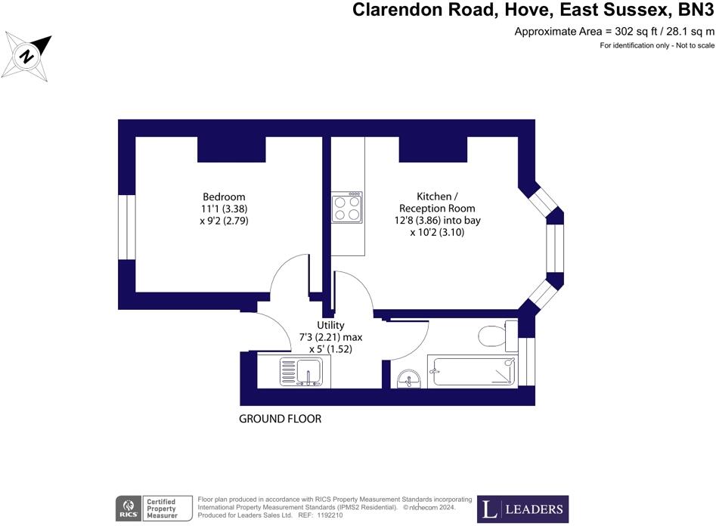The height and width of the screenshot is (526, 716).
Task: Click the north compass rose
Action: [28, 57]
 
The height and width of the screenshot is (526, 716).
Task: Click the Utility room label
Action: [330, 325]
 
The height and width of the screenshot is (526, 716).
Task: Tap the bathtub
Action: [472, 371]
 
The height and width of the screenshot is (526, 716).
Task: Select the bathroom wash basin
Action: [410, 376]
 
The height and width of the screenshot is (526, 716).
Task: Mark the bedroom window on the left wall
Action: [126, 227]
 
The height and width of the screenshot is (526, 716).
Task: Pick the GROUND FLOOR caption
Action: [281, 419]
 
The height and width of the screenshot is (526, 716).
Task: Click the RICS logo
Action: [127, 508]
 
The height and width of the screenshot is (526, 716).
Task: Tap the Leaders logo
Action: [522, 509]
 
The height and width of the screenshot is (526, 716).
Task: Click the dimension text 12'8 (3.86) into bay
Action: [437, 221]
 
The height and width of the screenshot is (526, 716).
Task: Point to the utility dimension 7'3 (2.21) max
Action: [330, 337]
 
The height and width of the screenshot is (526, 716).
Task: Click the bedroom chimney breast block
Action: [231, 149]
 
